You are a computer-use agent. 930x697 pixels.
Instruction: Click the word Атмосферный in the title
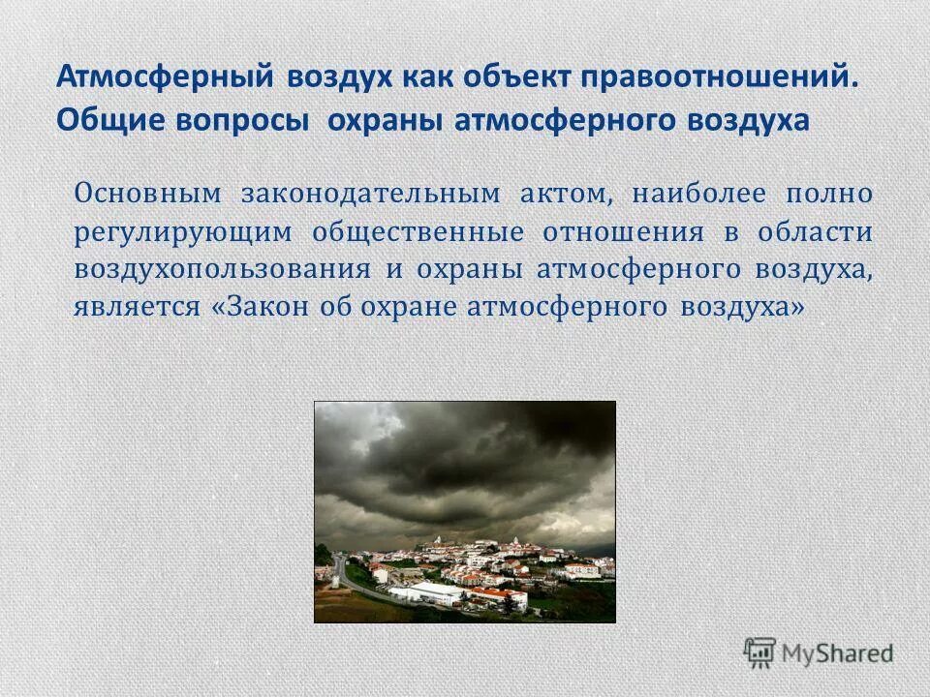click(x=165, y=77)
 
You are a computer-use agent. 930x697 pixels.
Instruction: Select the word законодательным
click(x=365, y=193)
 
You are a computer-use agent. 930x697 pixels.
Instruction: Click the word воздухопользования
click(x=222, y=269)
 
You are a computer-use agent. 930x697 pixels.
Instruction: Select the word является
click(x=137, y=308)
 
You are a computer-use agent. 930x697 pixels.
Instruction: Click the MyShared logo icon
click(x=760, y=652)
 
